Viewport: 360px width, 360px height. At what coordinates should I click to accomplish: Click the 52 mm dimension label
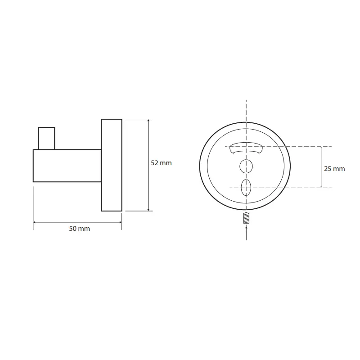(161, 163)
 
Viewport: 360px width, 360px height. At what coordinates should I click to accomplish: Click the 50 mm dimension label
(80, 229)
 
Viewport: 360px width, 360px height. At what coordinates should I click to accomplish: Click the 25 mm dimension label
(334, 169)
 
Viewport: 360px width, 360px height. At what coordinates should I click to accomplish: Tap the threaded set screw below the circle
(246, 218)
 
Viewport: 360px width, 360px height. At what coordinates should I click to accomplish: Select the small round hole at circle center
(246, 166)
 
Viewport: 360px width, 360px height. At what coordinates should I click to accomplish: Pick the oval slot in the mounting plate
(246, 188)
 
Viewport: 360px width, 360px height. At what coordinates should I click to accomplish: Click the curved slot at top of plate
(246, 148)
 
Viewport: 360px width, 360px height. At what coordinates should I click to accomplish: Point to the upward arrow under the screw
(246, 233)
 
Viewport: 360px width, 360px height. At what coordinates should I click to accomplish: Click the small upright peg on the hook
(46, 139)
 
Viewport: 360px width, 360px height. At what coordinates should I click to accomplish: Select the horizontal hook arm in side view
(67, 166)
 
